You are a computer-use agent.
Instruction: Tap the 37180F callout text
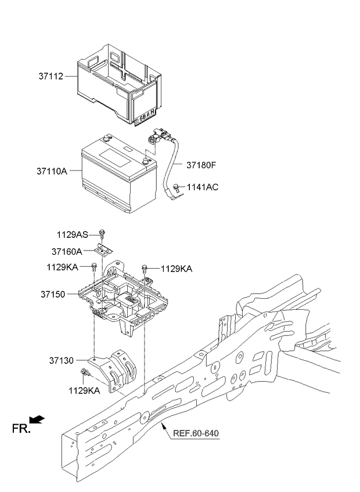[x=201, y=165]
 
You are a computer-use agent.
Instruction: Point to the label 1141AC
[x=203, y=187]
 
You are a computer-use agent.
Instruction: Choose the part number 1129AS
[x=73, y=234]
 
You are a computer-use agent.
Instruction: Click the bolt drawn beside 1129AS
[x=102, y=233]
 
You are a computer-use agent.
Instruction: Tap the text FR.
[x=20, y=429]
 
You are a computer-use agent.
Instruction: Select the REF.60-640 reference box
[x=196, y=433]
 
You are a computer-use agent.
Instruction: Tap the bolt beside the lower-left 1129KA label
[x=85, y=372]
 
